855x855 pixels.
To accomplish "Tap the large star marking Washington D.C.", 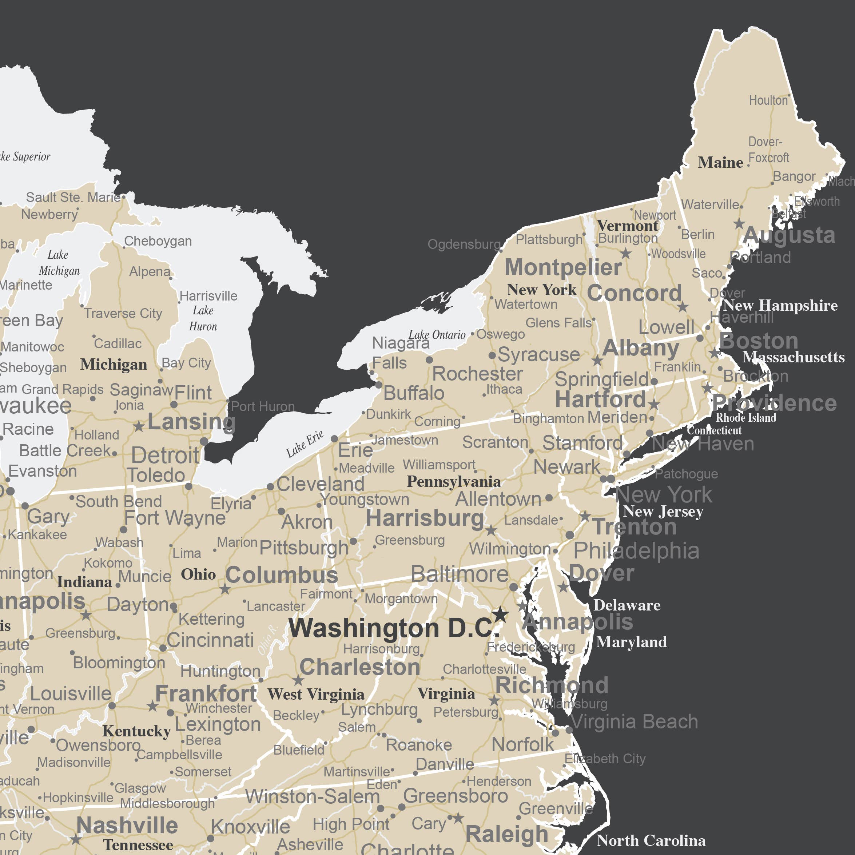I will pos(500,614).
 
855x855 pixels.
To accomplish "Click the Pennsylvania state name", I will pos(454,481).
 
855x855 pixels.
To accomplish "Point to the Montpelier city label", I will pos(563,267).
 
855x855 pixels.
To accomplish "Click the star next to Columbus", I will pos(225,589).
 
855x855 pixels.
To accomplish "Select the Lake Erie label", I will pos(305,444).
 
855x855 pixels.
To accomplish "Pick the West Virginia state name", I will pos(315,694).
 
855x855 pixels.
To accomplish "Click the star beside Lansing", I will pos(139,426).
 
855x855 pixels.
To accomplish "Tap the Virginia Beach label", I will pos(634,722).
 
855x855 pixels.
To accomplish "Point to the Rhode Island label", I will pos(746,417).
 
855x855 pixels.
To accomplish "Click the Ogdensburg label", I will pos(464,244).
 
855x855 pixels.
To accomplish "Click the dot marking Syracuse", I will pos(492,355).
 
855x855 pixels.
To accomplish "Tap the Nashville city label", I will pos(127,826).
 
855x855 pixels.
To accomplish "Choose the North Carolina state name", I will pos(651,840).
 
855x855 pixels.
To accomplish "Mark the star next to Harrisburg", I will pos(491,530).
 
